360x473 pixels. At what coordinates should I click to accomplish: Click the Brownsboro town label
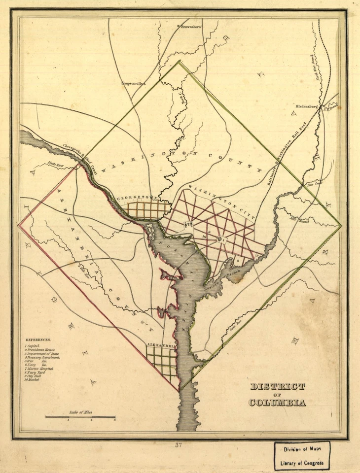191,27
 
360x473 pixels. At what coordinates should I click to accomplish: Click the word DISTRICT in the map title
277,386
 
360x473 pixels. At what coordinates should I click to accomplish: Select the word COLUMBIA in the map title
277,403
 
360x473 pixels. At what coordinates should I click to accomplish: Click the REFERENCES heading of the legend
38,339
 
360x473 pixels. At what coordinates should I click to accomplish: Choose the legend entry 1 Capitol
35,347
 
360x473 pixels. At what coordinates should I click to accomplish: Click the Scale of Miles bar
80,417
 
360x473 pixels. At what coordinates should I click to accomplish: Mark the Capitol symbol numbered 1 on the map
220,240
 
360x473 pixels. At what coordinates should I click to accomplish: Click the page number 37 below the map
179,445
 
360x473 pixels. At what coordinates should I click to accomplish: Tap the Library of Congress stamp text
302,463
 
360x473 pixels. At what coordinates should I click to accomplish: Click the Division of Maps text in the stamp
302,449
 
